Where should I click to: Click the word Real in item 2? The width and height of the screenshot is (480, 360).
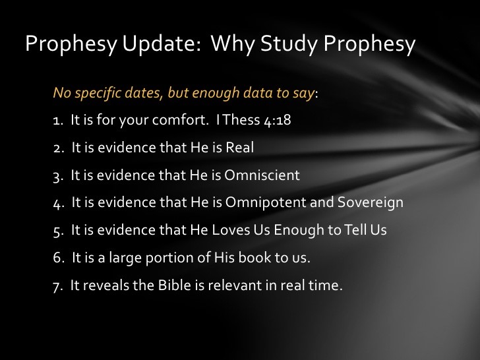[239, 148]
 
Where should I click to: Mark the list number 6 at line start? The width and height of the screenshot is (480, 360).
[57, 258]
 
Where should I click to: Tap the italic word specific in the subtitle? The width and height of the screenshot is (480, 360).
[96, 93]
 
